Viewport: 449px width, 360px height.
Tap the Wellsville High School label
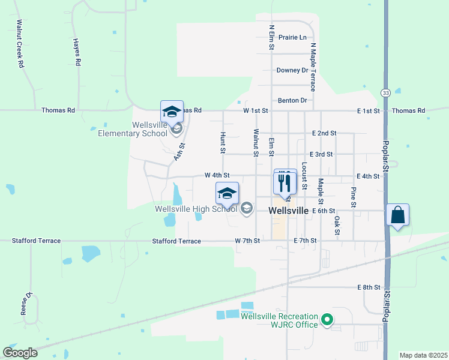coord(196,209)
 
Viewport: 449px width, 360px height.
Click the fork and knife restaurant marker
coord(285,182)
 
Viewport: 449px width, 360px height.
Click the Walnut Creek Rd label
coord(20,44)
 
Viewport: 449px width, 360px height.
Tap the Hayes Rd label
coord(76,52)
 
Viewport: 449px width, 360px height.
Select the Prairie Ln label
coord(292,37)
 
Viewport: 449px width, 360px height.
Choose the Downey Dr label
coord(292,70)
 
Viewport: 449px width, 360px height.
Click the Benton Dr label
coord(292,100)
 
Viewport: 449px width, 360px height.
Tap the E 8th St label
coord(369,287)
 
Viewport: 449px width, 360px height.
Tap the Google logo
coord(20,352)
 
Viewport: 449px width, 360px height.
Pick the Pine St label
coord(354,197)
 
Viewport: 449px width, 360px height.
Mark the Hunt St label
coord(223,142)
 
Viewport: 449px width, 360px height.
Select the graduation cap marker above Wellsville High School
coord(227,194)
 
